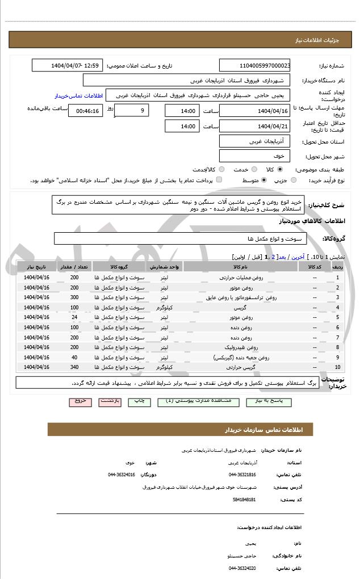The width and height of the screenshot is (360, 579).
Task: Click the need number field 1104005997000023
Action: point(254,66)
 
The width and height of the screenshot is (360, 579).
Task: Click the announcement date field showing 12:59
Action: point(67,66)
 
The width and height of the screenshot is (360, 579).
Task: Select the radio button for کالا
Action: point(280,169)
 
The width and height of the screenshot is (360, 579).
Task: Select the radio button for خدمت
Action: point(253,169)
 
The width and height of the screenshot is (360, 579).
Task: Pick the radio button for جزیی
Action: point(293,181)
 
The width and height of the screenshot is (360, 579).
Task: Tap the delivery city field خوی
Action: point(254,156)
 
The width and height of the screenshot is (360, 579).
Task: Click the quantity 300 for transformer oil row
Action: point(74,297)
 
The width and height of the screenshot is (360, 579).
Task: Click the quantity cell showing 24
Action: point(74,317)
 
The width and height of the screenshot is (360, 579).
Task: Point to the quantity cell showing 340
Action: point(74,367)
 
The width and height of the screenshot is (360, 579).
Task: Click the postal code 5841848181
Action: point(244,500)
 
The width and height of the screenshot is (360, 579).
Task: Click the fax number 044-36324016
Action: point(122,475)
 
